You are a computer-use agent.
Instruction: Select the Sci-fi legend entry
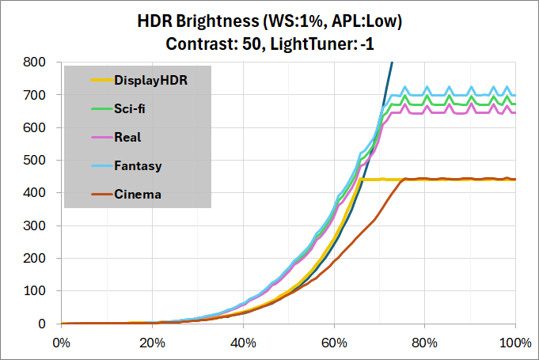(130, 108)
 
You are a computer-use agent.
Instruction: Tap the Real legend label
(127, 137)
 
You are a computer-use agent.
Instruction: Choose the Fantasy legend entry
(138, 165)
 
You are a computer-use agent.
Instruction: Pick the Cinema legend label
(138, 194)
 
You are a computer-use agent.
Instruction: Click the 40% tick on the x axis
(243, 343)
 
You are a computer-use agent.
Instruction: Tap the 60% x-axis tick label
(334, 343)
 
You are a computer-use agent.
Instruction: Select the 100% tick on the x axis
(515, 343)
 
